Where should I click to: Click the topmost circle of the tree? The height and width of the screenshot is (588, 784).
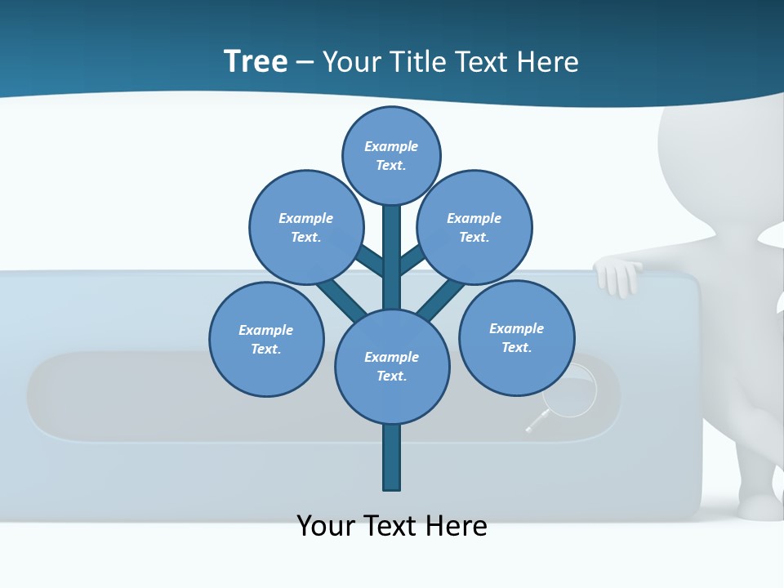pos(391,155)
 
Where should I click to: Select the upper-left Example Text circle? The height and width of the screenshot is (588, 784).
pos(305,227)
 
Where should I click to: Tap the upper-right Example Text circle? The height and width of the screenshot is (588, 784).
pos(474,227)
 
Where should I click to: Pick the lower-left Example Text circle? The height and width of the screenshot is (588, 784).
pos(266,339)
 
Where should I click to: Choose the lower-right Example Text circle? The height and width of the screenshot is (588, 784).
pos(516,337)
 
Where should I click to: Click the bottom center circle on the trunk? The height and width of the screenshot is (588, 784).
pos(392,366)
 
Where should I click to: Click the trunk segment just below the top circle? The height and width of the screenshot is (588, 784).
pos(392,245)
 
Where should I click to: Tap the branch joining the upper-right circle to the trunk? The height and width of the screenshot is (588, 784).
pos(412,261)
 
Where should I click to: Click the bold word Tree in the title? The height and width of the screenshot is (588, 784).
pos(256,62)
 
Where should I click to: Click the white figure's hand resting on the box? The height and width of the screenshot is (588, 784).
pos(618,276)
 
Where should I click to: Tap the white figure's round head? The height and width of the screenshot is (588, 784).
pos(719,155)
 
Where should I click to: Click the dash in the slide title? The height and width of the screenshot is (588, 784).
pos(305,62)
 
